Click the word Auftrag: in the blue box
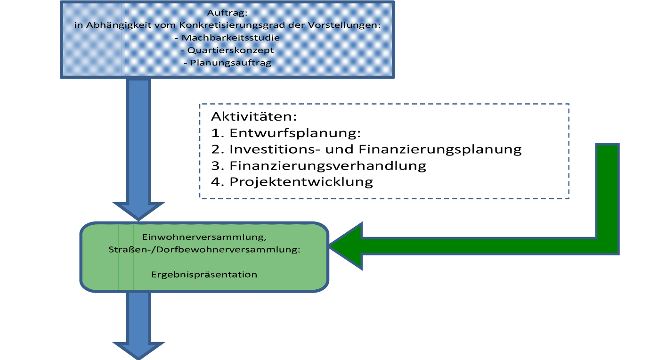(227, 13)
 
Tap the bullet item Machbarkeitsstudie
(227, 38)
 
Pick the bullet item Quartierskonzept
(227, 50)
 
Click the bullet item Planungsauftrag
(227, 63)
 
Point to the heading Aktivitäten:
(254, 116)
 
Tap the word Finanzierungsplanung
(440, 149)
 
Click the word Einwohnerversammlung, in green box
(204, 237)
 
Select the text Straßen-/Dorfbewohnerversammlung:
(204, 250)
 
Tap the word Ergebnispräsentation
(204, 275)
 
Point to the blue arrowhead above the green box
(138, 211)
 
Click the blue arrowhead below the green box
(138, 351)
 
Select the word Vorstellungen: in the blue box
(344, 25)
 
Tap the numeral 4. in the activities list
(218, 181)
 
